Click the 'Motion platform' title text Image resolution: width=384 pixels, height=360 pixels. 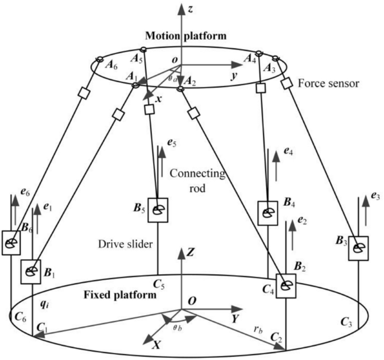coord(187,35)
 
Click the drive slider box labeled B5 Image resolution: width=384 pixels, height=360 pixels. coord(158,209)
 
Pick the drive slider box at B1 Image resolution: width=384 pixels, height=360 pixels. coord(31,271)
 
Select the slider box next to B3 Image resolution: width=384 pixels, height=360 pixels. coord(358,247)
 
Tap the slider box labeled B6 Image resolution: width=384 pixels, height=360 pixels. coord(11,243)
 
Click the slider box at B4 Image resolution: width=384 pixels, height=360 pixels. coord(267,211)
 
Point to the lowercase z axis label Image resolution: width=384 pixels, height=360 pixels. coord(192,8)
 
